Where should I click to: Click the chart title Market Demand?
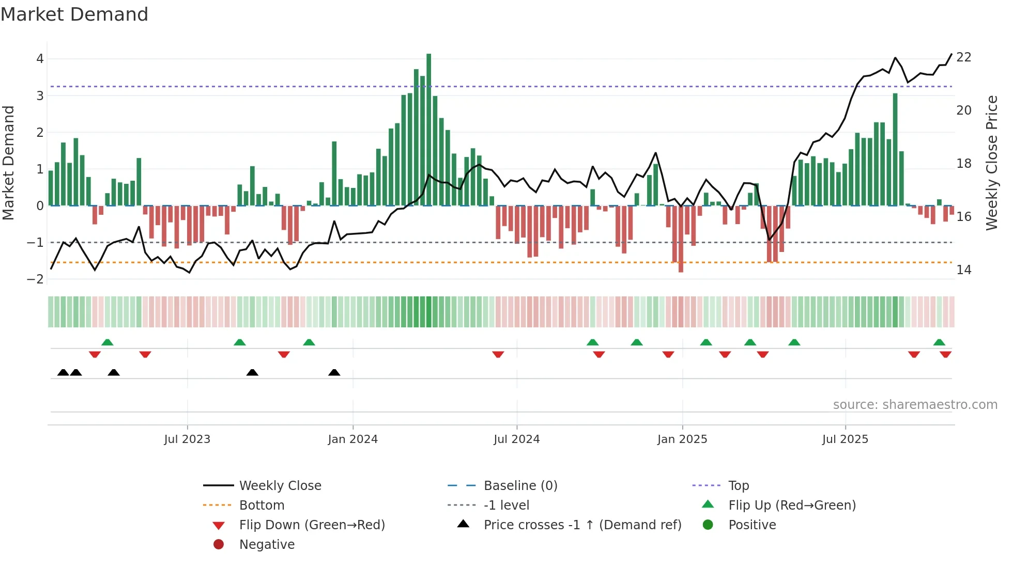click(x=74, y=14)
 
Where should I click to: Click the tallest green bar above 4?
click(x=428, y=129)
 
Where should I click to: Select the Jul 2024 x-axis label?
click(x=516, y=439)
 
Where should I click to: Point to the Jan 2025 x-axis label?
click(x=682, y=439)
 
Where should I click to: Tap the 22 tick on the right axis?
click(x=963, y=57)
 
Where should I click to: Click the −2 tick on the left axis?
click(x=36, y=279)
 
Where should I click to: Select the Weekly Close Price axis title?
click(x=991, y=163)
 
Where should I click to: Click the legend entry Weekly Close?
click(x=280, y=486)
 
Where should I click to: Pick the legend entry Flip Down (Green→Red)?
click(x=312, y=525)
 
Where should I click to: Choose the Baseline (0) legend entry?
click(x=520, y=486)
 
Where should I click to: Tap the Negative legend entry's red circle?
click(x=219, y=545)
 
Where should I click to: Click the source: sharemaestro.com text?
click(x=915, y=405)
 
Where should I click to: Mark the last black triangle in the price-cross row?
click(x=334, y=373)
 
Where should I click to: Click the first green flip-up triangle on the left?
click(x=108, y=342)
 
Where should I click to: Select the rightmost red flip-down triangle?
click(x=946, y=354)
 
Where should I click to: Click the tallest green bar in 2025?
click(x=895, y=150)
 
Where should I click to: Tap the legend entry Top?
click(x=738, y=486)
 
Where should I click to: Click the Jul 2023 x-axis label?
click(x=187, y=439)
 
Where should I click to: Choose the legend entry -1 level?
click(x=506, y=505)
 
